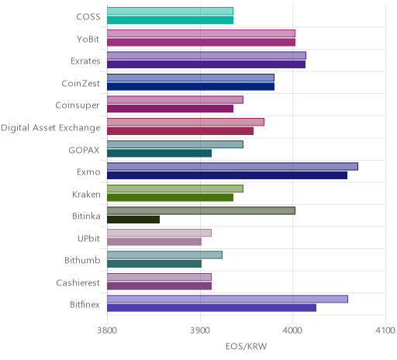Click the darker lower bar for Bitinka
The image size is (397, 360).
(x=133, y=220)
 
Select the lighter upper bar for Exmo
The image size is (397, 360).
(x=233, y=166)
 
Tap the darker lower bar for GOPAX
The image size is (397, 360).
(x=160, y=154)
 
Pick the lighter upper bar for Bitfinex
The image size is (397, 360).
(x=228, y=299)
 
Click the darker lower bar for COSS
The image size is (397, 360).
(x=171, y=20)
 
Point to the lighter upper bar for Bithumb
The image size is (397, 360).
(x=165, y=255)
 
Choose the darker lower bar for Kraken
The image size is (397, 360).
(x=171, y=198)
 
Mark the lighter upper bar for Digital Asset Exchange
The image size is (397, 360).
(x=186, y=122)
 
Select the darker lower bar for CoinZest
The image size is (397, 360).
(x=191, y=87)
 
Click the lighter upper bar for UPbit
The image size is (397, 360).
(x=160, y=233)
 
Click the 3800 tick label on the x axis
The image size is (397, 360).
(x=107, y=331)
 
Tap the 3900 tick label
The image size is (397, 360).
(x=200, y=331)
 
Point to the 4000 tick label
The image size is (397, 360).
(x=292, y=331)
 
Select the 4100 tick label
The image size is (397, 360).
(x=385, y=331)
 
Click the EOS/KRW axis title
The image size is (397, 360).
(x=246, y=346)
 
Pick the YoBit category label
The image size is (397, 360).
(x=88, y=39)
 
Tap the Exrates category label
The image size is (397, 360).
(x=85, y=61)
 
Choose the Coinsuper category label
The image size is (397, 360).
(x=78, y=106)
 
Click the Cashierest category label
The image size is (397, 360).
(x=78, y=282)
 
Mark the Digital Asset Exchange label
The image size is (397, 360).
(x=50, y=128)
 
